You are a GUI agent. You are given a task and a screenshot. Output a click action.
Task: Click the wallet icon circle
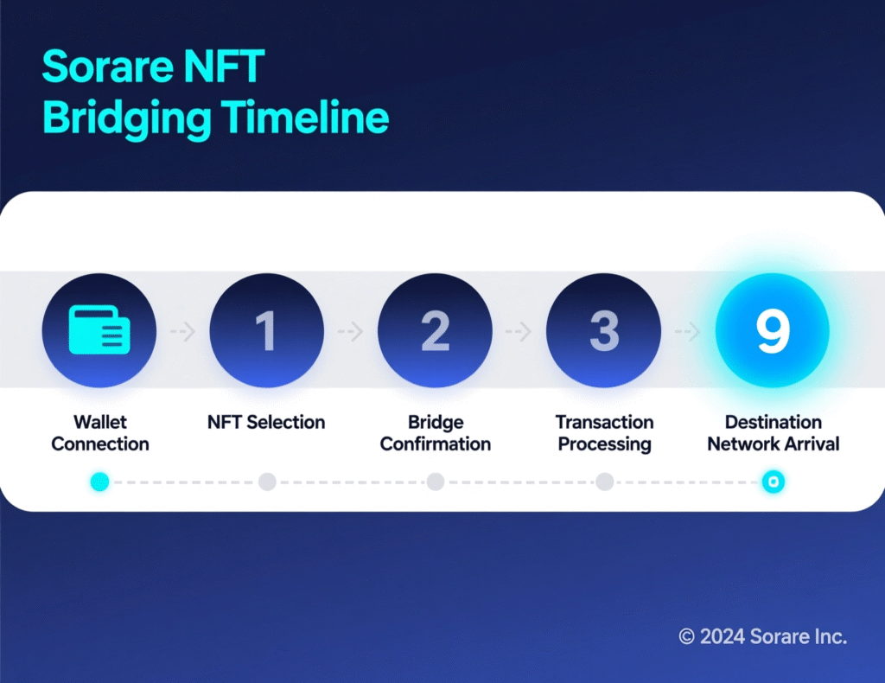pyautogui.click(x=99, y=330)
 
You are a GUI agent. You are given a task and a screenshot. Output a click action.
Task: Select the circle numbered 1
pyautogui.click(x=267, y=330)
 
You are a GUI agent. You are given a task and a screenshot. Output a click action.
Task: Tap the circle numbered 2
pyautogui.click(x=435, y=330)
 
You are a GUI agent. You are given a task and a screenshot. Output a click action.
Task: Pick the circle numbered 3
pyautogui.click(x=604, y=330)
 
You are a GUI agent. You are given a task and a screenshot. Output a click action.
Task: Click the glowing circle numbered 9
pyautogui.click(x=773, y=330)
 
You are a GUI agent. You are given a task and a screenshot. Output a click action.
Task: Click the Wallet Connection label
pyautogui.click(x=100, y=433)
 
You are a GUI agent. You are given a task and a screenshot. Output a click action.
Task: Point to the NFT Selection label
pyautogui.click(x=266, y=423)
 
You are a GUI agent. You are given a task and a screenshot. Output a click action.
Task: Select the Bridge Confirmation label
pyautogui.click(x=436, y=433)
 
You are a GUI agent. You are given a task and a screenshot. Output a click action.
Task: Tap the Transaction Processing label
pyautogui.click(x=604, y=433)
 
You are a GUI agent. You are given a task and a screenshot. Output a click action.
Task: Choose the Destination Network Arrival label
pyautogui.click(x=774, y=433)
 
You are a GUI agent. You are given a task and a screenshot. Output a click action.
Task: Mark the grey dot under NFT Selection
pyautogui.click(x=267, y=482)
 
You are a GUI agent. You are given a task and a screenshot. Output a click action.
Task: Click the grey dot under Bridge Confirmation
pyautogui.click(x=436, y=482)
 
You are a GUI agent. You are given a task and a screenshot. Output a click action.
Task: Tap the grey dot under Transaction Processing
pyautogui.click(x=604, y=482)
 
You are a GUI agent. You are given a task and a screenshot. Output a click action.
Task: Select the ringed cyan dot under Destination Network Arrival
pyautogui.click(x=774, y=482)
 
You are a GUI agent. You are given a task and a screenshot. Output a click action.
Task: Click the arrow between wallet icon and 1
pyautogui.click(x=183, y=331)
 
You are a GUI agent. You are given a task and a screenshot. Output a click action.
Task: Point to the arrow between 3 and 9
pyautogui.click(x=688, y=331)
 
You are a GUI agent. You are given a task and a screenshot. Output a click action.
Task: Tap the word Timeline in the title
pyautogui.click(x=305, y=118)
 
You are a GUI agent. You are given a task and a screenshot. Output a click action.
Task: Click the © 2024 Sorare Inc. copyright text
pyautogui.click(x=762, y=637)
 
